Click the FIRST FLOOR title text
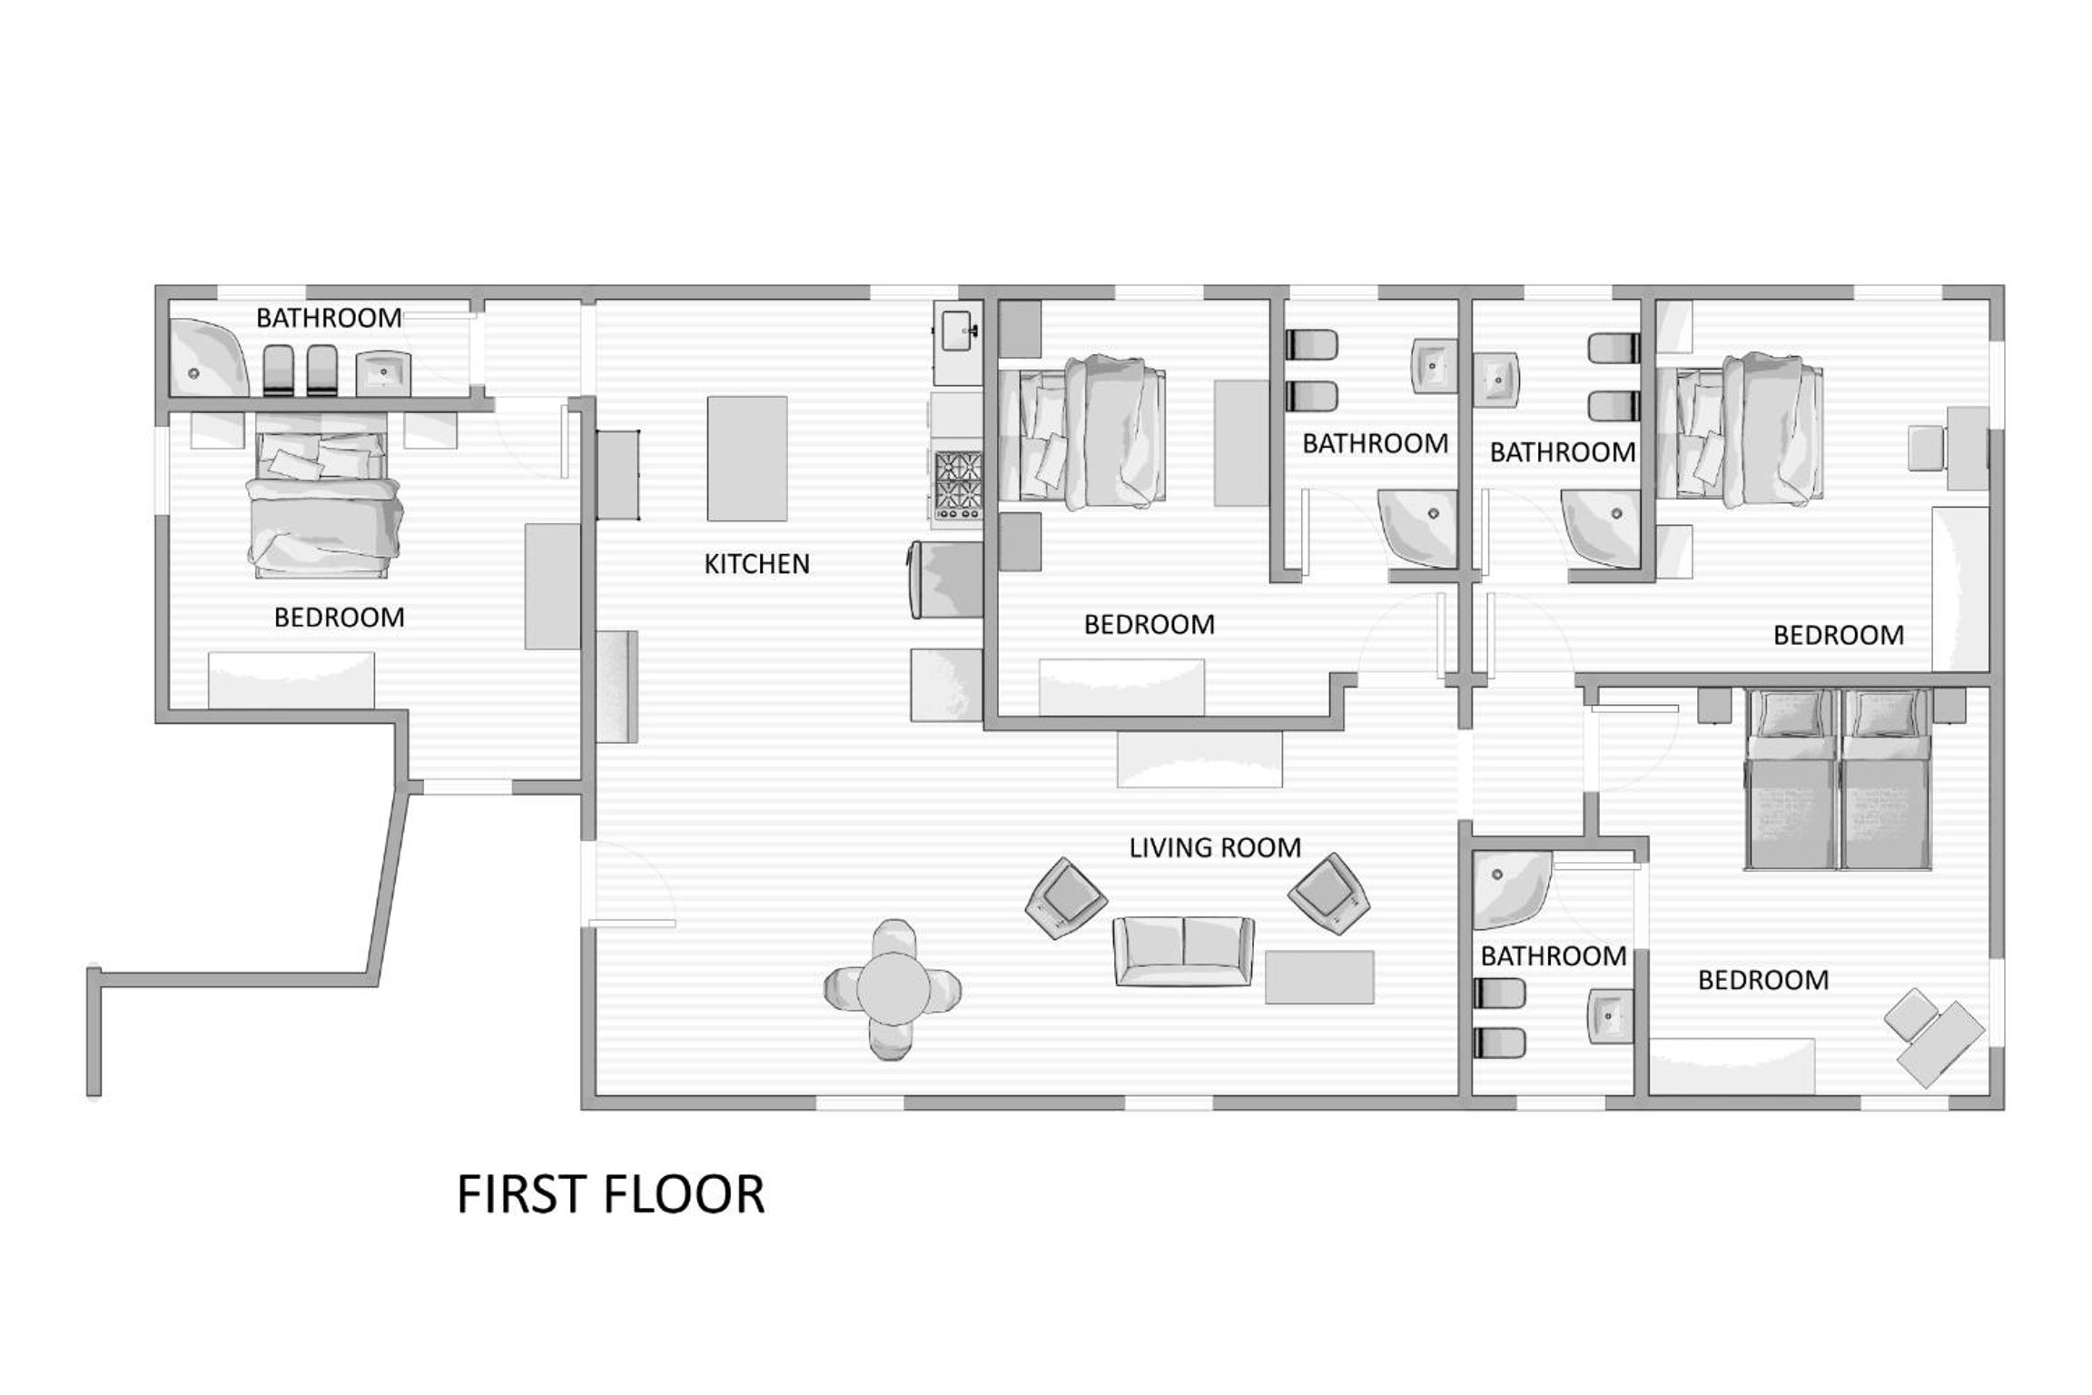click(x=610, y=1195)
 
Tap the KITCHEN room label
click(x=756, y=564)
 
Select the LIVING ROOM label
click(x=1214, y=847)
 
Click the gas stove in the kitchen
click(x=959, y=485)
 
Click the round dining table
click(x=893, y=990)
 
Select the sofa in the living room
click(x=1184, y=951)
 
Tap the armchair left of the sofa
click(x=1066, y=898)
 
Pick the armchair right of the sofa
click(x=1329, y=894)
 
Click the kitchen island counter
click(x=747, y=459)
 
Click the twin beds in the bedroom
click(x=1838, y=779)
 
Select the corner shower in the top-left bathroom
click(x=209, y=357)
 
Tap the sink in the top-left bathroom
click(x=383, y=373)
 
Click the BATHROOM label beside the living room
click(x=1553, y=955)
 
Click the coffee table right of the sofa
click(x=1319, y=977)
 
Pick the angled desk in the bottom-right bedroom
click(x=1943, y=1044)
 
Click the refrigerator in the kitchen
click(x=947, y=580)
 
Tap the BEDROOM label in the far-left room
click(x=340, y=618)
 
